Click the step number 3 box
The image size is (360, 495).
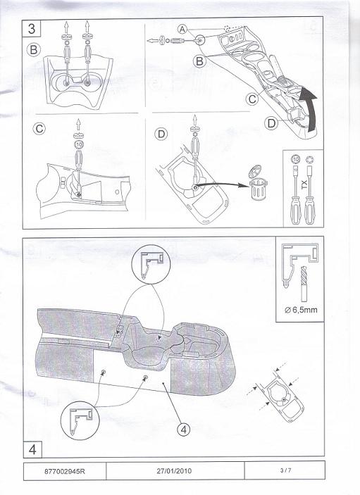tap(31, 29)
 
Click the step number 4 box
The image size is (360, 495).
tap(32, 449)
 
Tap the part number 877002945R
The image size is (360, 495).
tap(64, 471)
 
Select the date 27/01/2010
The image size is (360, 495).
tap(174, 471)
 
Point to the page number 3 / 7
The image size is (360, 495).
tap(285, 470)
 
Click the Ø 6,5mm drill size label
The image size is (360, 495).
tap(301, 310)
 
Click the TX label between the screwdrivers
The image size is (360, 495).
tap(304, 184)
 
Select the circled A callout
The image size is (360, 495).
tap(182, 30)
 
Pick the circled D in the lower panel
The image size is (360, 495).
tap(161, 134)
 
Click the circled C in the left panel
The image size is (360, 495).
tap(39, 128)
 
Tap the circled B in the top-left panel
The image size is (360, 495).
tap(34, 49)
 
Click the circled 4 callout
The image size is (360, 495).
tap(183, 429)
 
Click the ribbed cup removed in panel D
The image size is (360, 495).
tap(259, 189)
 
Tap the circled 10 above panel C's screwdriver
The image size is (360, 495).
tap(79, 144)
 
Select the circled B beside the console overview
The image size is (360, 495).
tap(199, 61)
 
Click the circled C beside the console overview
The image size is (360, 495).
tap(252, 99)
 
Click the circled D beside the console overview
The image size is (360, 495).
tap(271, 123)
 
